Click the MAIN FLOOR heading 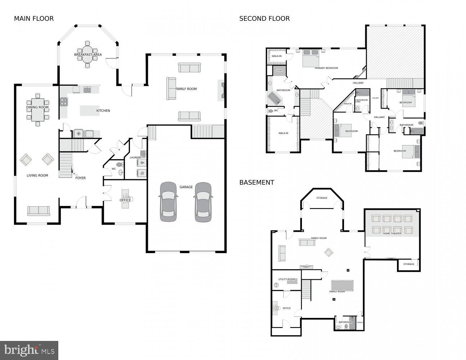[34, 19]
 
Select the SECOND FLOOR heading [264, 19]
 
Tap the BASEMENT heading [257, 183]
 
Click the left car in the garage [168, 202]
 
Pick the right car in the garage [203, 202]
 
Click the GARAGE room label [186, 187]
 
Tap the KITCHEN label [103, 111]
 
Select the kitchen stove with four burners [64, 102]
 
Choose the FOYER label [80, 178]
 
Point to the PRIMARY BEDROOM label [326, 68]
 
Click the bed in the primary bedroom [311, 58]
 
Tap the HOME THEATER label [392, 234]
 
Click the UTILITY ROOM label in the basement [286, 279]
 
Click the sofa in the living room [39, 211]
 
